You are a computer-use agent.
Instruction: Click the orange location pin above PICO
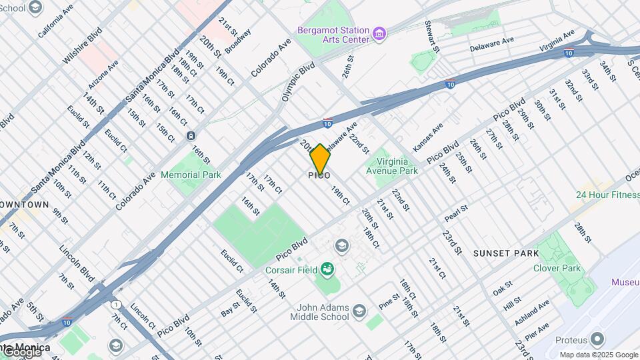[x=320, y=159]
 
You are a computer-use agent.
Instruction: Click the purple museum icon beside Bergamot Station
[x=379, y=33]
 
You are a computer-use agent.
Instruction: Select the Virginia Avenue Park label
[x=392, y=165]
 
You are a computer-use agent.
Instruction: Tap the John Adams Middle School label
[x=319, y=312]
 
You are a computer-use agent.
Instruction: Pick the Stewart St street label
[x=432, y=36]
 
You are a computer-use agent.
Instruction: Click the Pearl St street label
[x=457, y=213]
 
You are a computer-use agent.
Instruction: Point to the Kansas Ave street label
[x=428, y=138]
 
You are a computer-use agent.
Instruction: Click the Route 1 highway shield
[x=117, y=305]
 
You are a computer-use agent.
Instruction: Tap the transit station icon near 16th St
[x=191, y=136]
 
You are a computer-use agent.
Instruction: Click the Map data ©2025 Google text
[x=599, y=355]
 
